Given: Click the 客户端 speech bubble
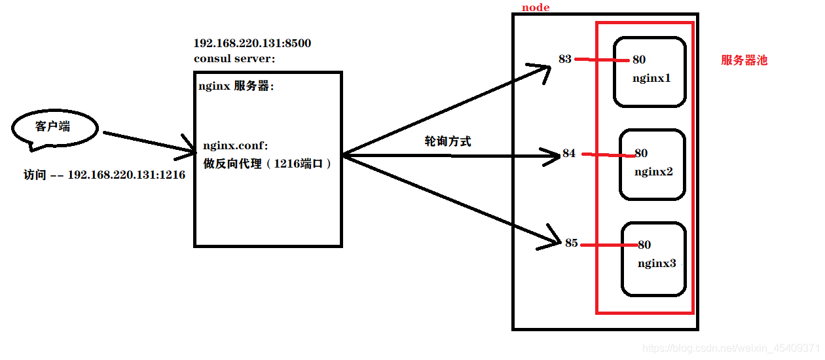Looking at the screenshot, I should click(54, 128).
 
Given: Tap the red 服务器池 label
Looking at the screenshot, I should click(744, 60).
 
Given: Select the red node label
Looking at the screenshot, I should click(536, 7).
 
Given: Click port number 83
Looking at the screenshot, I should click(565, 59).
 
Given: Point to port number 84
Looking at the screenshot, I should click(569, 153).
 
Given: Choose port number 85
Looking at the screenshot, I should click(571, 243).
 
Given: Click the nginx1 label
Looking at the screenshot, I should click(651, 79).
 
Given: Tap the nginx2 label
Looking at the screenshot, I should click(653, 172).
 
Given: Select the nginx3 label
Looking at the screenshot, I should click(656, 263).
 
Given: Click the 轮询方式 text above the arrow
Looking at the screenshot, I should click(448, 141).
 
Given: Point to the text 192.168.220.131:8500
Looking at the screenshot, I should click(252, 44).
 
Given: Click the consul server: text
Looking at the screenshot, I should click(234, 58).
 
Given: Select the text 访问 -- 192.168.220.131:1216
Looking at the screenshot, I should click(104, 175).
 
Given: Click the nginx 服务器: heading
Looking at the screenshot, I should click(234, 86).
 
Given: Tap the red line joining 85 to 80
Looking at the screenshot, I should click(608, 245).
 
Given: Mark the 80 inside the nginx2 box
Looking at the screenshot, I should click(641, 153).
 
